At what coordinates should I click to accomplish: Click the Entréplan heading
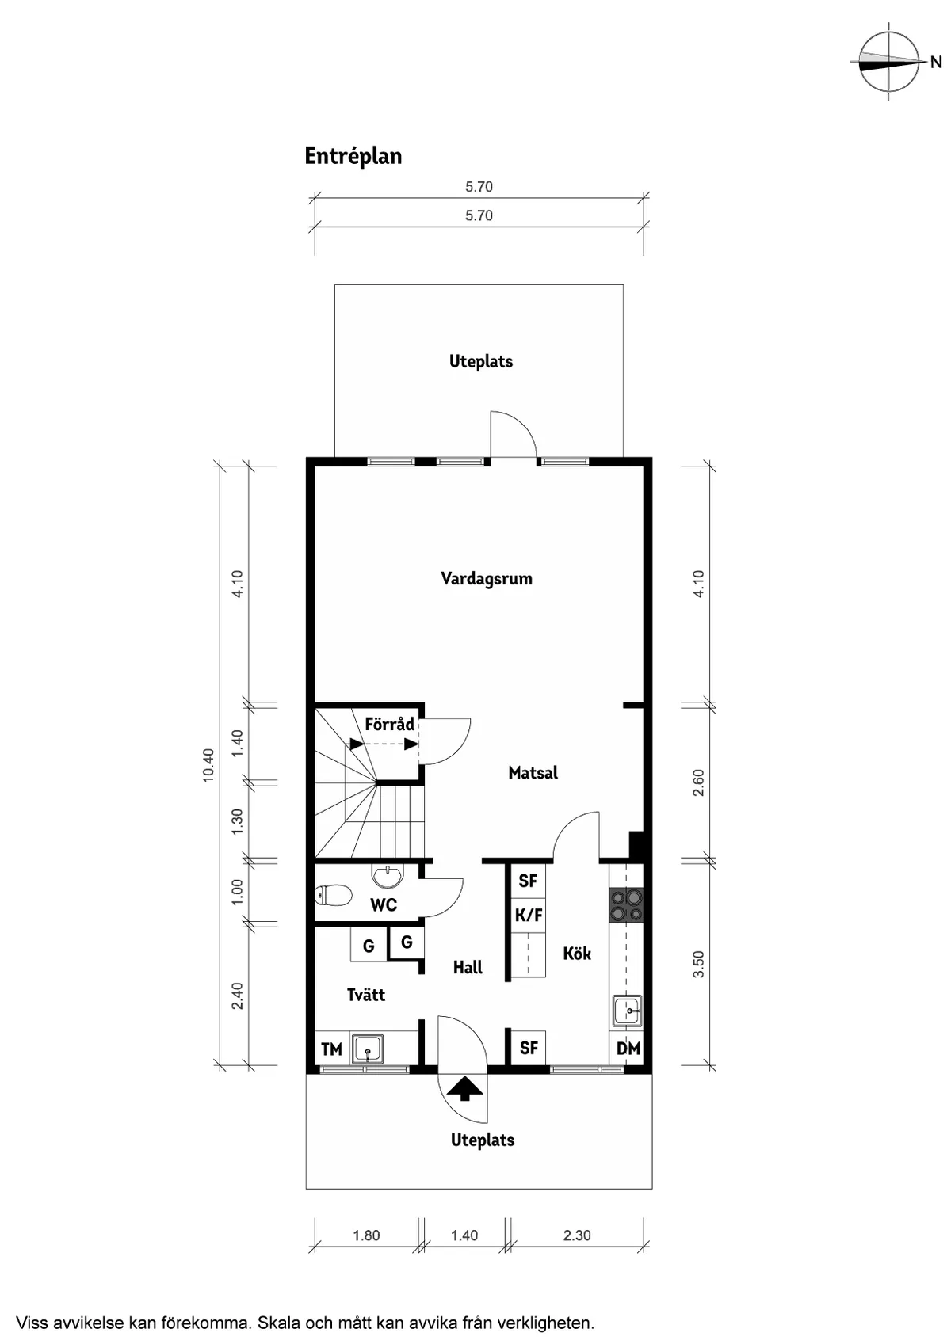pos(353,157)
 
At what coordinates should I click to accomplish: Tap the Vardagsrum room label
pos(487,579)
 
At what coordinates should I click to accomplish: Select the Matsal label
pos(533,773)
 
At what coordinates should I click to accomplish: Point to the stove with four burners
pos(626,905)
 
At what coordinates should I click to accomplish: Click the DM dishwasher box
pos(628,1049)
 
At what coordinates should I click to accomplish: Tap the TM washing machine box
pos(330,1049)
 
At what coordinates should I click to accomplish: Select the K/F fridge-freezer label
pos(529,916)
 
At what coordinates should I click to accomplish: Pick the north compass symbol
pos(889,61)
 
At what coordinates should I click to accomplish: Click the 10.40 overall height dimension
pos(208,765)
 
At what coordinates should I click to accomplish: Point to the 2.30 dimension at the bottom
pos(577,1235)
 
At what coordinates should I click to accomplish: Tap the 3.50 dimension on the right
pos(698,964)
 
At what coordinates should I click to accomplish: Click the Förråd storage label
pos(390,724)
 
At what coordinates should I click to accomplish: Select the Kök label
pos(577,954)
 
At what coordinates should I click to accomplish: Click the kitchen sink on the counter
pos(628,1011)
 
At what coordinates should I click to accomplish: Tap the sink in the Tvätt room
pos(368,1049)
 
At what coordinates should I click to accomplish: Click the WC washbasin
pos(388,875)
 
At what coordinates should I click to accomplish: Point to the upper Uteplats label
pos(481,362)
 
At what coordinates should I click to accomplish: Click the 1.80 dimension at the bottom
pos(366,1235)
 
